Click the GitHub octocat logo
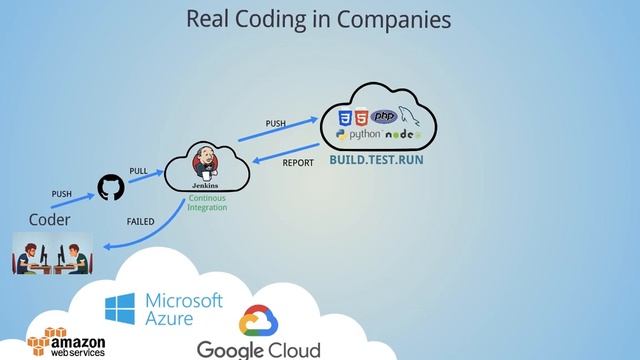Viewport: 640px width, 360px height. [x=108, y=187]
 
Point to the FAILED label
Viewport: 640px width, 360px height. [x=140, y=220]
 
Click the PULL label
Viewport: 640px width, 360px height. [x=138, y=171]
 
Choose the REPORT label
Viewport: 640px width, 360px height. [x=298, y=162]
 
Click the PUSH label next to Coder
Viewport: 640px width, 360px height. [x=61, y=193]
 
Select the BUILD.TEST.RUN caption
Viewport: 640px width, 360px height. [x=369, y=159]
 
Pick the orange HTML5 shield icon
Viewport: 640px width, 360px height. [x=362, y=115]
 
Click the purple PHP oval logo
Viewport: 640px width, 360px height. [x=384, y=115]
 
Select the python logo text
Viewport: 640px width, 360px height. [x=360, y=134]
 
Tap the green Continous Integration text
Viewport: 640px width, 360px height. [x=207, y=203]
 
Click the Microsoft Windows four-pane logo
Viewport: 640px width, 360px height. [x=121, y=309]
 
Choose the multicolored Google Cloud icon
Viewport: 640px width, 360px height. [x=258, y=322]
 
